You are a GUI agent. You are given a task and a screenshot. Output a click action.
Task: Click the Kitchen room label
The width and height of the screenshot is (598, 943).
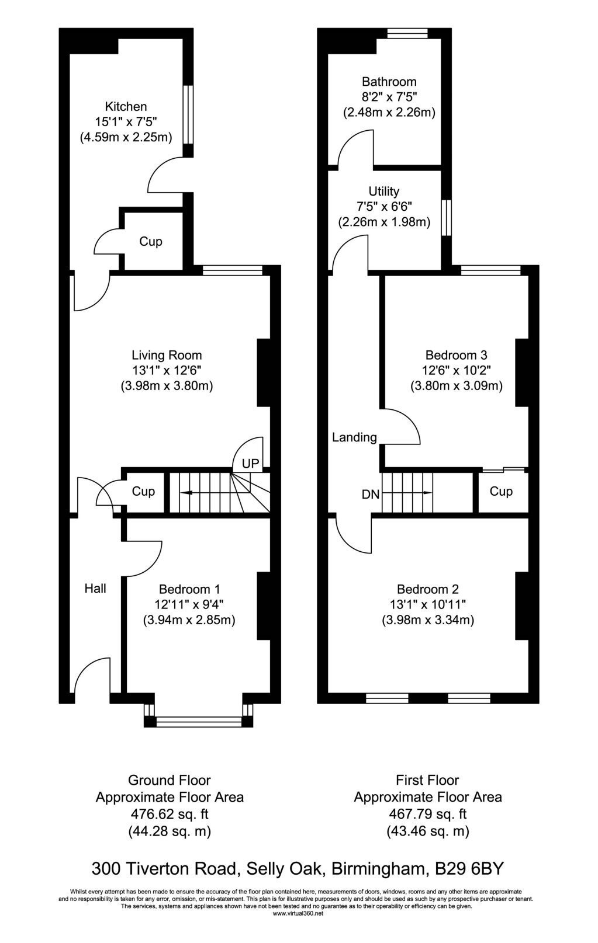[126, 106]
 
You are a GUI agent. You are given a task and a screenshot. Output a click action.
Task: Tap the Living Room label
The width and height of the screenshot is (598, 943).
[167, 356]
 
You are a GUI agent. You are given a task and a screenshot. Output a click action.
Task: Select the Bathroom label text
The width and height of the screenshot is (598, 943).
[389, 82]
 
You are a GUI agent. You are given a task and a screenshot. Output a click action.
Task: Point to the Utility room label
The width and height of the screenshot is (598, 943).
[384, 192]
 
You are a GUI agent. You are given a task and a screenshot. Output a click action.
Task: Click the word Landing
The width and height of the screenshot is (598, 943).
[354, 437]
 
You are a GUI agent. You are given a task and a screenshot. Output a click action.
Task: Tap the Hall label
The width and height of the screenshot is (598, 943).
[95, 589]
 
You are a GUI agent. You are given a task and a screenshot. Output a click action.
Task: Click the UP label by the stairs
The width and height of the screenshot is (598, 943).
[250, 464]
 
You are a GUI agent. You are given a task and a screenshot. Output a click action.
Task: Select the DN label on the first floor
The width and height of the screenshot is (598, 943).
[371, 494]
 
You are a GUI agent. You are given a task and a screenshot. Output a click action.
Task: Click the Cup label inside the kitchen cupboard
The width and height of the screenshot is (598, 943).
[151, 242]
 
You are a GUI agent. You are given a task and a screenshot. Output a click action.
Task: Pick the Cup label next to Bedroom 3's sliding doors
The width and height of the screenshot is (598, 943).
[501, 491]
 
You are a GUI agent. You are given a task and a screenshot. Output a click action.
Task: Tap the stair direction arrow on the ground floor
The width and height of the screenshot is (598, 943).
[206, 493]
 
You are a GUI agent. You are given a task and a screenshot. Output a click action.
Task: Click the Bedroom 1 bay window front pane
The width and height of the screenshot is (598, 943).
[199, 722]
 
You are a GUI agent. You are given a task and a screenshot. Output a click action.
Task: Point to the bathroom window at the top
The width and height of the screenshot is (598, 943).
[407, 33]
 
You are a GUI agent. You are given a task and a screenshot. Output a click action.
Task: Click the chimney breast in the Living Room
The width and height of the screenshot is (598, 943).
[264, 373]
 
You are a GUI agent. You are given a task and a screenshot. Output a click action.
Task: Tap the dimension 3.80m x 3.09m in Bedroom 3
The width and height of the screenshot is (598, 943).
[457, 386]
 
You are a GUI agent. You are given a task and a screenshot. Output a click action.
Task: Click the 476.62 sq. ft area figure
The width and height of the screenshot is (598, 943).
[170, 814]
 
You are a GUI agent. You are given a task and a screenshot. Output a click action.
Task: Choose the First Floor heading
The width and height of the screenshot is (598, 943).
[427, 780]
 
